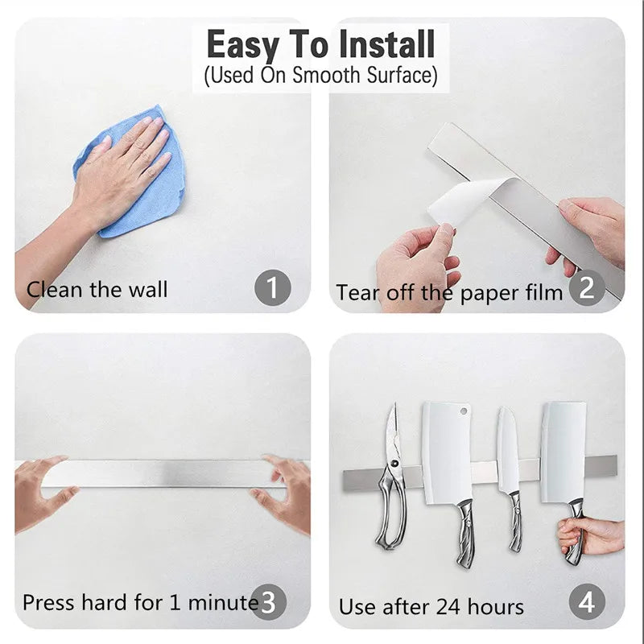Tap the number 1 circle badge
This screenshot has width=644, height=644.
point(273,287)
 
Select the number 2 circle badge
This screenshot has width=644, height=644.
point(587,287)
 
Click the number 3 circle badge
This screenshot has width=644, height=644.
point(270,601)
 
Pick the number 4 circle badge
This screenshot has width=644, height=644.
point(587,601)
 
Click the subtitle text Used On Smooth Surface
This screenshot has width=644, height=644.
point(321,76)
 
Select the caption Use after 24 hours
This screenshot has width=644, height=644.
point(431,606)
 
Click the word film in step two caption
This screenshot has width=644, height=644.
point(543,292)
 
